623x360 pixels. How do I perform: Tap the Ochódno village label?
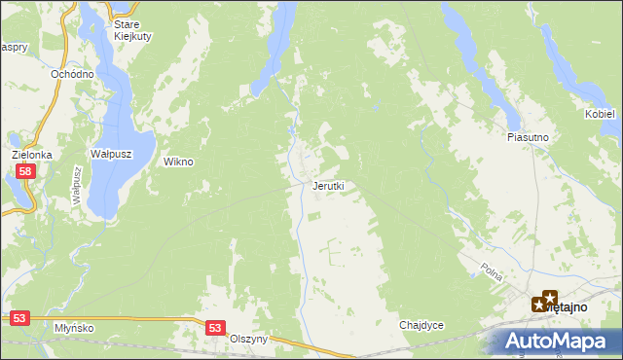tap(73, 74)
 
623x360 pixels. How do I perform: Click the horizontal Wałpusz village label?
tap(110, 154)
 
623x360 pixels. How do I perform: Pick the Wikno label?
tap(178, 162)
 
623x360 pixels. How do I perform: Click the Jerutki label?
tap(328, 186)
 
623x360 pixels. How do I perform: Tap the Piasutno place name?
tap(529, 138)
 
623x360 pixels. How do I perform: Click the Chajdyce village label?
tap(421, 325)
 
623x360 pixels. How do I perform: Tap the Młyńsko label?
tap(75, 328)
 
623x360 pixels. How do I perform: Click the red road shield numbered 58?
tap(26, 171)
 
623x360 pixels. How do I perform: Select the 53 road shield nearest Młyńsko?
tap(20, 317)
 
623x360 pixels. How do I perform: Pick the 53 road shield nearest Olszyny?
tap(216, 329)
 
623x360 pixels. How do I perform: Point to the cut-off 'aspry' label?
tap(12, 46)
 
